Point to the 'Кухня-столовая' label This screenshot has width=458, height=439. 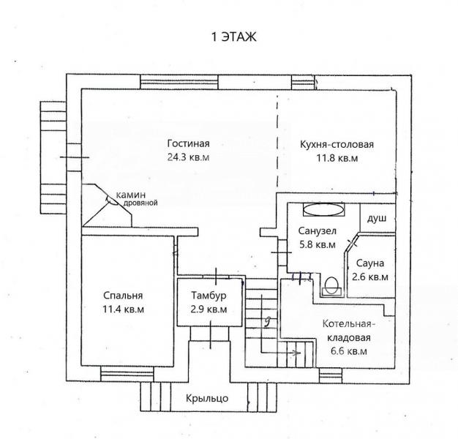coord(337,144)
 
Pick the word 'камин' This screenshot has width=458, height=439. coord(132,195)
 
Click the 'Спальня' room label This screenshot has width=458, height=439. coord(123,296)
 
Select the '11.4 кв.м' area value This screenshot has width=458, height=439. coord(123,309)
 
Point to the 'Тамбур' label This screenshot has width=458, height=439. coord(209,296)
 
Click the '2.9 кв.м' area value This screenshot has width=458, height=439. coord(209,309)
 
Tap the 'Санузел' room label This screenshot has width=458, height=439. coord(317,231)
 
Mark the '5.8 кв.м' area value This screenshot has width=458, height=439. coord(317,244)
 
